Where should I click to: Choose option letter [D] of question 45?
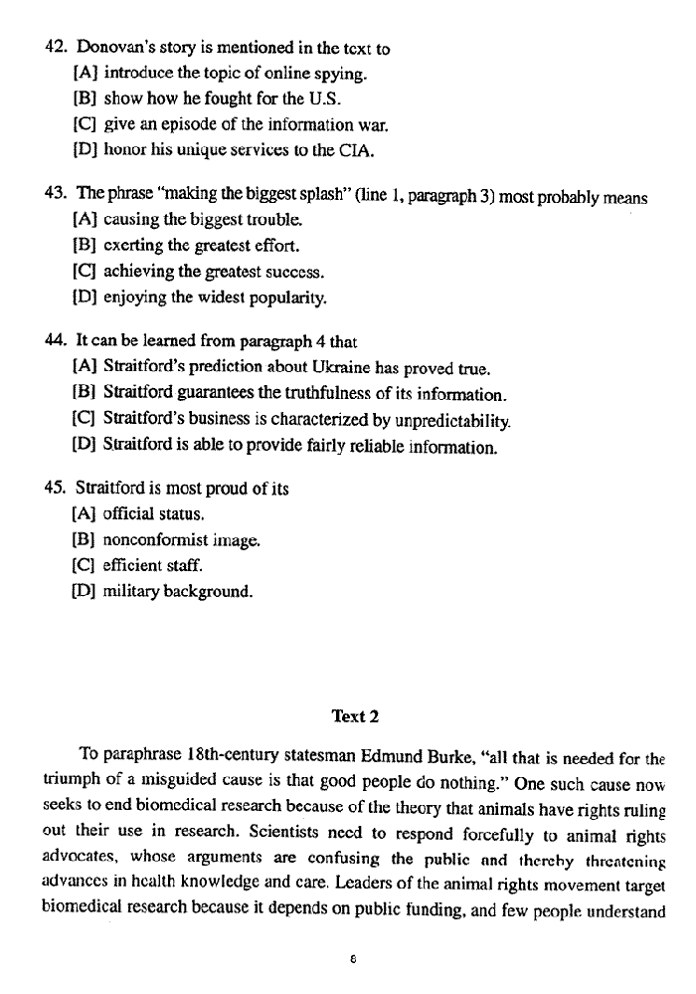pyautogui.click(x=85, y=594)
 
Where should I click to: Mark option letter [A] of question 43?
pyautogui.click(x=85, y=220)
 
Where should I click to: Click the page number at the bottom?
pyautogui.click(x=353, y=960)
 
